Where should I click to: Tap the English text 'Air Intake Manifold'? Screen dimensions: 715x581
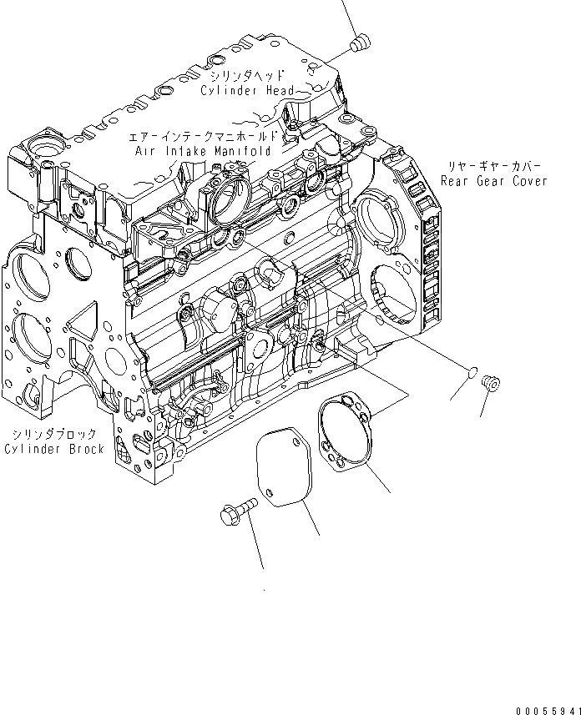204,152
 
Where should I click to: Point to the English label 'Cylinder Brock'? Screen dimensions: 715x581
54,449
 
